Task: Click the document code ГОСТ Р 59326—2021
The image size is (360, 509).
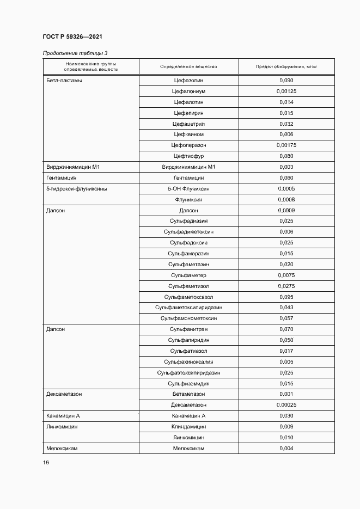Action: tap(72, 36)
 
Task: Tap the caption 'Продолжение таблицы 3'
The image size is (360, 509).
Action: tap(75, 53)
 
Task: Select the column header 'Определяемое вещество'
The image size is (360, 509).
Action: tap(188, 66)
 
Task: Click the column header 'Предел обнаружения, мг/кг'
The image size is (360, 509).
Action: tap(286, 66)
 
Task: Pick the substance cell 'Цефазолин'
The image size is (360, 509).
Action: tap(188, 81)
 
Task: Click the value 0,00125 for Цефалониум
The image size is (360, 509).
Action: tap(286, 91)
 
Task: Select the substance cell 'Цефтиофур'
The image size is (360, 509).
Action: tap(188, 156)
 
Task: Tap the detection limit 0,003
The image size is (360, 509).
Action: tap(286, 167)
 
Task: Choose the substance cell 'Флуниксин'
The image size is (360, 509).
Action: tap(188, 199)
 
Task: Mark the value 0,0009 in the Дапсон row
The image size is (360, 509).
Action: tap(286, 210)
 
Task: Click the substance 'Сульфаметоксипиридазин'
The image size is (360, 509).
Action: tap(188, 308)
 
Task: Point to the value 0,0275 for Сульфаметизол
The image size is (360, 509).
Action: tap(286, 286)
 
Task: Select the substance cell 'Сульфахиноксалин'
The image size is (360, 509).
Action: tap(188, 361)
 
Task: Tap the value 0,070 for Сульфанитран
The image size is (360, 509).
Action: tap(286, 329)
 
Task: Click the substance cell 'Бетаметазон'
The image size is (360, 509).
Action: tap(188, 394)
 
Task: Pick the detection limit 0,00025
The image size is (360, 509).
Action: tap(286, 405)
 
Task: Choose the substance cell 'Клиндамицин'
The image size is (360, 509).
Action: tap(188, 427)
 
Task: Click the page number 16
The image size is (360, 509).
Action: tap(46, 463)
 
